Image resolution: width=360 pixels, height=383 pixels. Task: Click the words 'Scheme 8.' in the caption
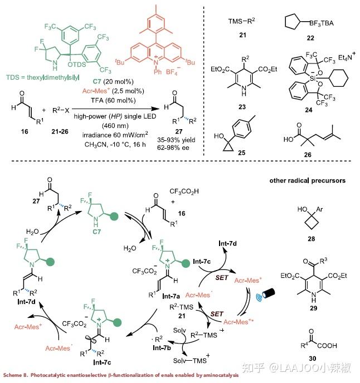pos(16,375)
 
